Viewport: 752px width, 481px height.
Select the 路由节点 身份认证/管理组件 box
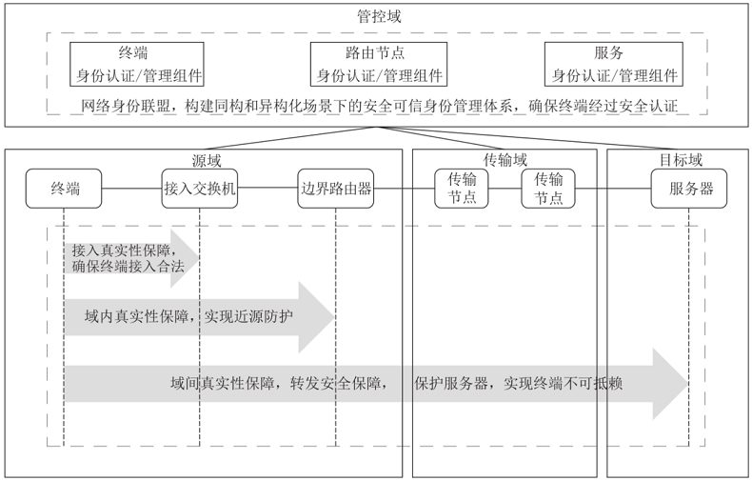coord(379,64)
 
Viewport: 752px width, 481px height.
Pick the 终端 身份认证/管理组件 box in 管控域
coord(139,64)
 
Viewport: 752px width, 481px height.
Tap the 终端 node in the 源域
coord(65,189)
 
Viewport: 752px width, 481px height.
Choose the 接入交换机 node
coord(200,189)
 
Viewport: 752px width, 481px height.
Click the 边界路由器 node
coord(335,189)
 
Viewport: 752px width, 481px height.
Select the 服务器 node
coord(683,189)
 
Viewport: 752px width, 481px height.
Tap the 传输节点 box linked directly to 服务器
coord(548,189)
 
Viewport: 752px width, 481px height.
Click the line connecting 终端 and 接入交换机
coord(132,189)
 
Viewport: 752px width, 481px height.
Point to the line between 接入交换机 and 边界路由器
coord(267,189)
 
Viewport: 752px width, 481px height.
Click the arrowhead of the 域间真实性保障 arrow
coord(670,384)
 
